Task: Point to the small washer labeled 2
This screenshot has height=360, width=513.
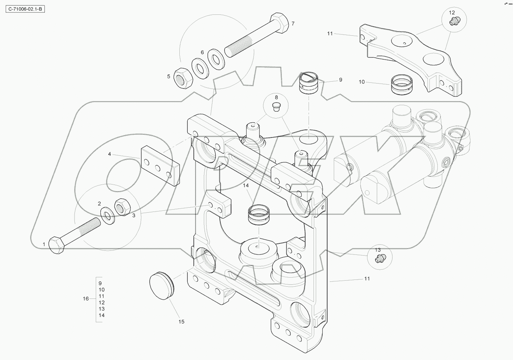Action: point(108,215)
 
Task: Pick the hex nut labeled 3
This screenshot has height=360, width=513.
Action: point(123,207)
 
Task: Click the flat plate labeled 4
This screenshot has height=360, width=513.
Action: point(160,166)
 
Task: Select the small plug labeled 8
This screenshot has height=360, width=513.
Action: point(276,107)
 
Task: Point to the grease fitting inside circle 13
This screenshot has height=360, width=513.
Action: point(379,259)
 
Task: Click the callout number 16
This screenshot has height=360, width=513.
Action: point(86,299)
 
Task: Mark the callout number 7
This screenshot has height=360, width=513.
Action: point(293,24)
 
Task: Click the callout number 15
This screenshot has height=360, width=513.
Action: point(181,322)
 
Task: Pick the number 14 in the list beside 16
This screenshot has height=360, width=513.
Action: point(101,315)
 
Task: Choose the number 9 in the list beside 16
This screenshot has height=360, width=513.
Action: point(100,283)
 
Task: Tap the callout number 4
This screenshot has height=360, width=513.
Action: point(109,154)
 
